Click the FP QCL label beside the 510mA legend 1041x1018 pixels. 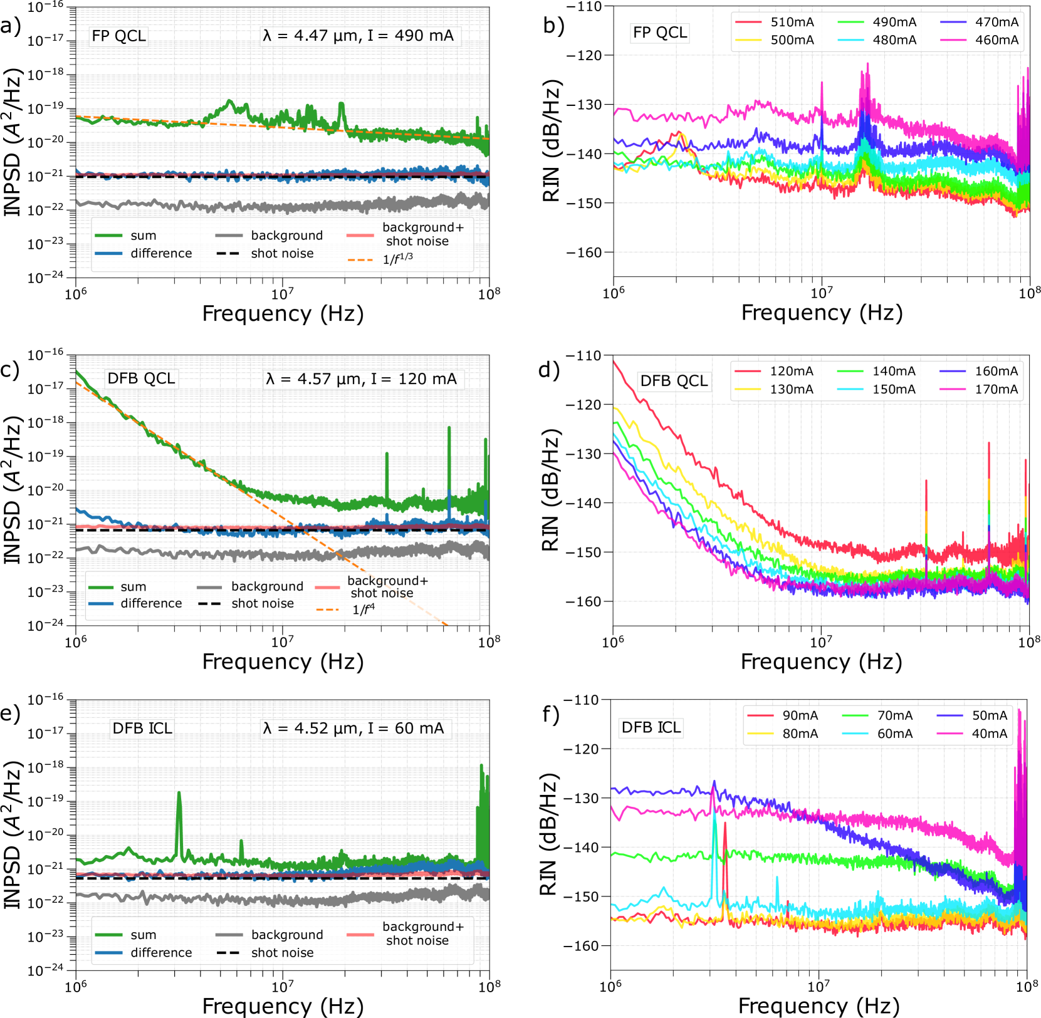click(659, 33)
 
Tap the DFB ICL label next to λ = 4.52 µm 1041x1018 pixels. click(142, 729)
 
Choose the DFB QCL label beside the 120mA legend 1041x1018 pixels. click(674, 381)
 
